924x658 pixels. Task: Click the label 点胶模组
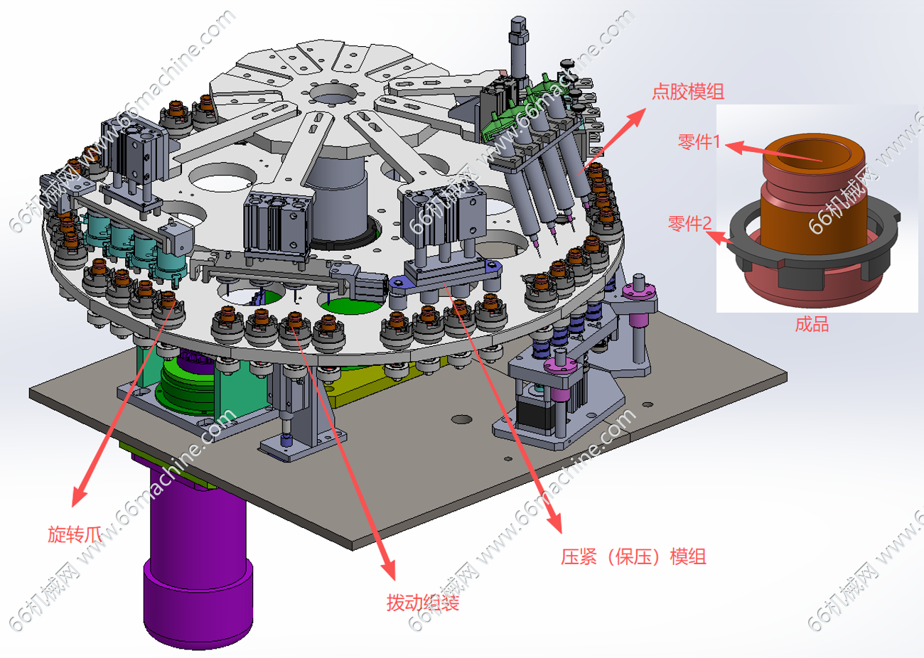687,92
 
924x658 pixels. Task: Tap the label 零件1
699,142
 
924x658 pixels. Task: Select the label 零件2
689,224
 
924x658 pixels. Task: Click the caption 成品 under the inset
812,324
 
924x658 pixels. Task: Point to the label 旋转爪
74,534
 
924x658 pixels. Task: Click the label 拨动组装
422,603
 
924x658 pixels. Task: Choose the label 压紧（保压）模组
633,557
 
